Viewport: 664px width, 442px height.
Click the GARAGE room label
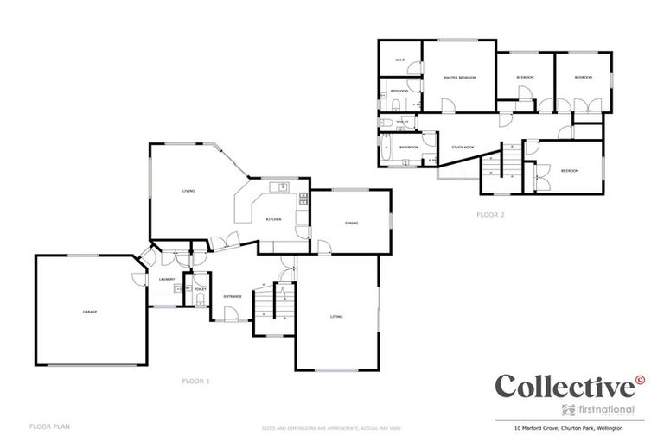89,311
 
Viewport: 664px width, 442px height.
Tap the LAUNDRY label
167,279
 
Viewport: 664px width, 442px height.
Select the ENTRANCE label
233,297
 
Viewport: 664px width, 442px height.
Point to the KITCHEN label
273,220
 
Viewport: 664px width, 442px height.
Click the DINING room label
352,224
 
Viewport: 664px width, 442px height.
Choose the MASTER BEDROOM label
460,78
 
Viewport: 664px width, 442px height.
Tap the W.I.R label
400,60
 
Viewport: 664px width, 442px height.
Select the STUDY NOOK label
463,148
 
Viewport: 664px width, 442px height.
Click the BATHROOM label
409,148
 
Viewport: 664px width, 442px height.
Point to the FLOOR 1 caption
195,381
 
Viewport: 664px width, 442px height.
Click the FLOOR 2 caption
490,215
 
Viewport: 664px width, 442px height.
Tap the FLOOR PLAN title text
49,426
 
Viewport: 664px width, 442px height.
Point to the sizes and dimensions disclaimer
332,427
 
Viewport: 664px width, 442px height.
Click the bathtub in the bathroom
386,148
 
